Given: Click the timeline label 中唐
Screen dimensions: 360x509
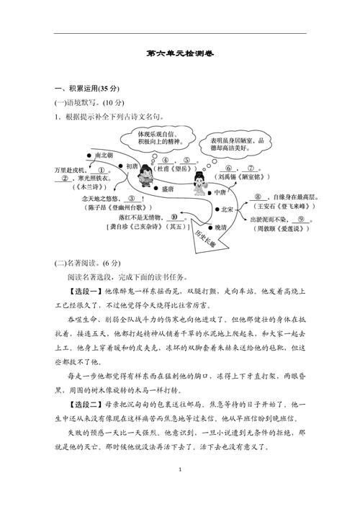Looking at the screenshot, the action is (220, 193).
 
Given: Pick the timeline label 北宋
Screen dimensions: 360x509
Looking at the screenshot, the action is (226, 210).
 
